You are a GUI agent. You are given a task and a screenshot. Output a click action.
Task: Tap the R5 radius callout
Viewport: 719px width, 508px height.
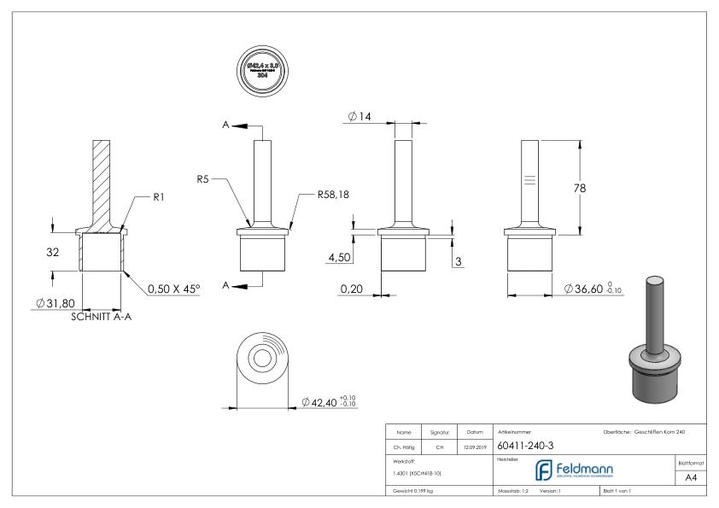(x=203, y=180)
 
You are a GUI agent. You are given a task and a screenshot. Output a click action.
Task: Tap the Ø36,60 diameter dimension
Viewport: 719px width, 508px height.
(x=595, y=291)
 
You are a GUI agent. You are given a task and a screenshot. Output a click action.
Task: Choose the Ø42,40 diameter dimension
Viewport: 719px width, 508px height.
(x=329, y=401)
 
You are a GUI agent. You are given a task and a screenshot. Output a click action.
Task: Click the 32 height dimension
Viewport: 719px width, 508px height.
(x=54, y=253)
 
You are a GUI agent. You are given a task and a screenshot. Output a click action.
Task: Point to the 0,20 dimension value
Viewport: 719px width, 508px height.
(x=351, y=289)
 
